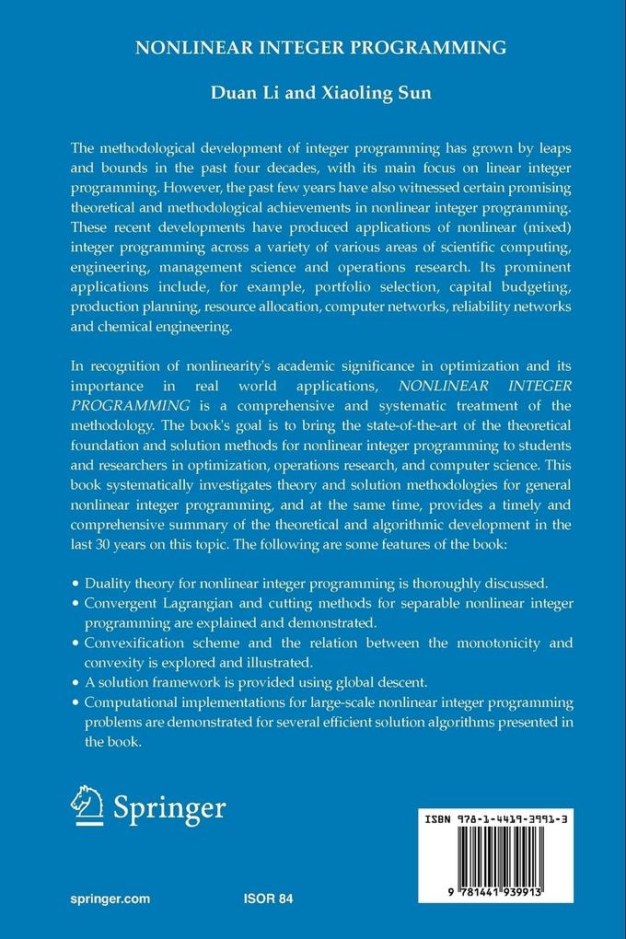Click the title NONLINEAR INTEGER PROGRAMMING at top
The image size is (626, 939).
(320, 48)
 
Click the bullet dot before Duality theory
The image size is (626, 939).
(75, 584)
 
